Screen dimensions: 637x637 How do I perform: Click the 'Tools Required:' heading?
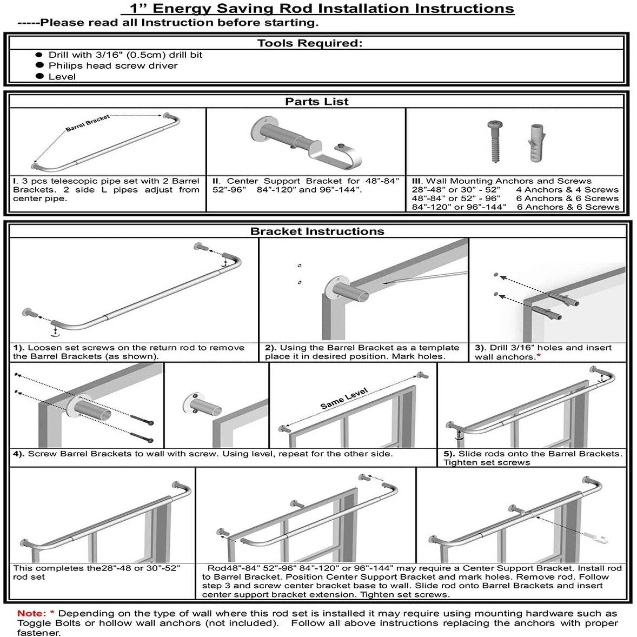[309, 43]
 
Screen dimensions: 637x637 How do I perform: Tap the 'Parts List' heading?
[317, 101]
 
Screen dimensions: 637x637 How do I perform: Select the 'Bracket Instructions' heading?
[317, 231]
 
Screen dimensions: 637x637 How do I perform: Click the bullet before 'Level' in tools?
[39, 76]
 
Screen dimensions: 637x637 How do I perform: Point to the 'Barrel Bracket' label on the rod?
[88, 123]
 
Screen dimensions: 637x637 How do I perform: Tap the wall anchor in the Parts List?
[533, 142]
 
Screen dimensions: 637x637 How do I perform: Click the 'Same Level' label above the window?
[344, 399]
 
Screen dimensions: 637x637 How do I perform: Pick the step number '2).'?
[271, 348]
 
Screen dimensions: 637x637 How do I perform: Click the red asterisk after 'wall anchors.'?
[539, 356]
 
